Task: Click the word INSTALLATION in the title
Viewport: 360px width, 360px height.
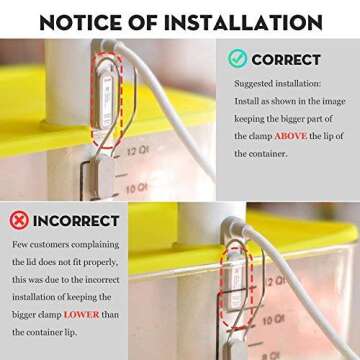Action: [243, 22]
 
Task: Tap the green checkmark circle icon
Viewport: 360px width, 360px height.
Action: [237, 59]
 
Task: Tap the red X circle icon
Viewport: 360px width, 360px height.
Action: [19, 220]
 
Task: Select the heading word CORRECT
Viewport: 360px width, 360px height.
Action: [286, 60]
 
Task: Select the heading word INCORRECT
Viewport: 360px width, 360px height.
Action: [76, 221]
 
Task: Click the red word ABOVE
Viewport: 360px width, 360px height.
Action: [290, 136]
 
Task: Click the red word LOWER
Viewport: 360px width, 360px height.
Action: [81, 314]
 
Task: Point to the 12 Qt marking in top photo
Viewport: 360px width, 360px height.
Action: [137, 151]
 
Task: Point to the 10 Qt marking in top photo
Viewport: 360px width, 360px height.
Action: [137, 189]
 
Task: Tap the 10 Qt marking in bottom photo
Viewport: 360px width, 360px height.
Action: [273, 321]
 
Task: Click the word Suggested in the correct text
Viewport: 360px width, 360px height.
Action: [253, 84]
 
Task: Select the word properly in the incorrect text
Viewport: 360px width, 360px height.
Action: [101, 263]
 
